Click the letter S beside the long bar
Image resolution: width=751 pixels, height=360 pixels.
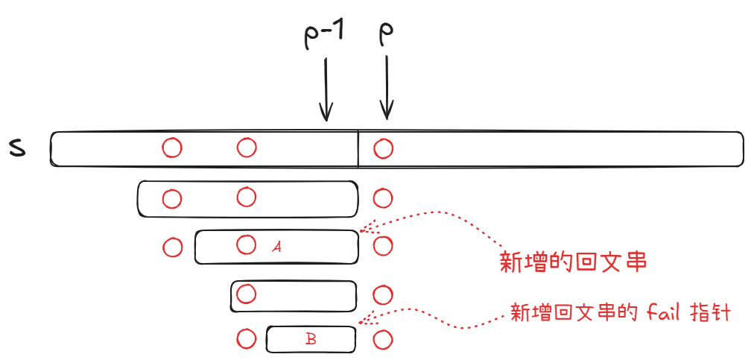pyautogui.click(x=16, y=148)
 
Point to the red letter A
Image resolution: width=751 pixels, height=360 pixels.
pyautogui.click(x=276, y=246)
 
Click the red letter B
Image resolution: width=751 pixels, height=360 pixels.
pyautogui.click(x=311, y=339)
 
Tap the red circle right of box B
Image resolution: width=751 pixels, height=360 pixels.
pyautogui.click(x=382, y=340)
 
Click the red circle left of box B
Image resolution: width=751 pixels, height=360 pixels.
pyautogui.click(x=247, y=339)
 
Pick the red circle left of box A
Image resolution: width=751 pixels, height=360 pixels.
pyautogui.click(x=172, y=247)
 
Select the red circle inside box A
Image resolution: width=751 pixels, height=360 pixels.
pyautogui.click(x=246, y=244)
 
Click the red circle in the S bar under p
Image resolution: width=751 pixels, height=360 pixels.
pyautogui.click(x=383, y=149)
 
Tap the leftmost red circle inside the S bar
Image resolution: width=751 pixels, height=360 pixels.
pyautogui.click(x=172, y=148)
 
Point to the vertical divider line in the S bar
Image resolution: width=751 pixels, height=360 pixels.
pyautogui.click(x=358, y=149)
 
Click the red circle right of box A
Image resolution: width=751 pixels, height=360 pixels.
pyautogui.click(x=382, y=246)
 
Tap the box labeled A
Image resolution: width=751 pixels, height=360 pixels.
pyautogui.click(x=313, y=247)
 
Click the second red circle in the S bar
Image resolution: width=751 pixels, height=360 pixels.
pyautogui.click(x=247, y=148)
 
